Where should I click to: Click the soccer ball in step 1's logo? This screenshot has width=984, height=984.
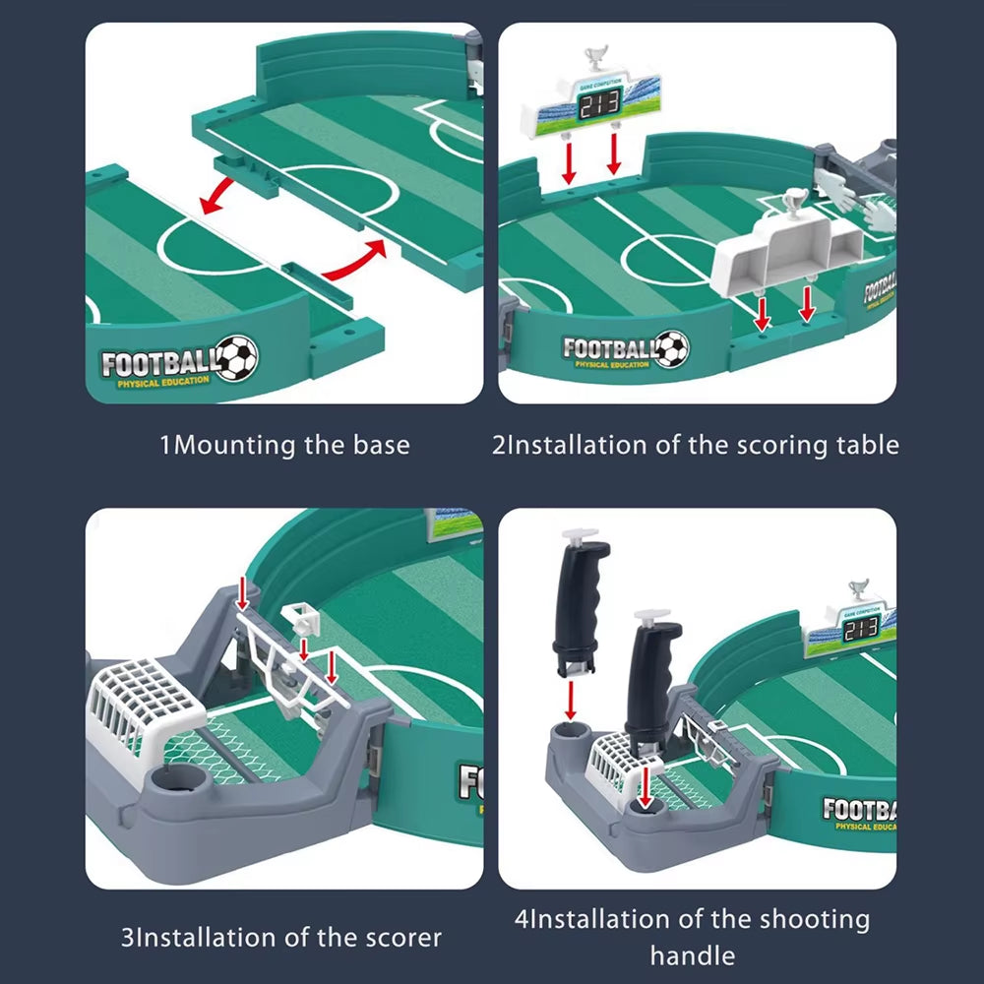click(236, 358)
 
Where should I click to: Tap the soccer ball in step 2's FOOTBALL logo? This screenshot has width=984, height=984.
click(671, 347)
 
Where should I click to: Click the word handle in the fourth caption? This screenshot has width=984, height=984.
click(692, 954)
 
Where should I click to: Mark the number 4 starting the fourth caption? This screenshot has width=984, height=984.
click(523, 920)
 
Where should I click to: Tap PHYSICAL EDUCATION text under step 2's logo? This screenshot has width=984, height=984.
click(612, 365)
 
